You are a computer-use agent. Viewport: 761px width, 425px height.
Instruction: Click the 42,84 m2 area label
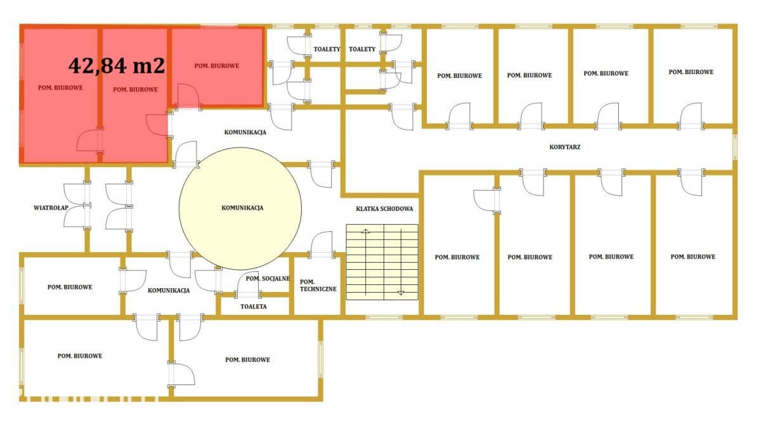pos(117,65)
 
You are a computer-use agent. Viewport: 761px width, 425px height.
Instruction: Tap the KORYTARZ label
pos(564,147)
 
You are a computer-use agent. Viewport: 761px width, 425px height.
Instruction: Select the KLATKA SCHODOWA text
pos(384,209)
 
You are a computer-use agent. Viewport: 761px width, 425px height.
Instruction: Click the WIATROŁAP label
pos(51,208)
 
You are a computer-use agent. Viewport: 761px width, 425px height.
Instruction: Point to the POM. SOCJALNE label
pos(268,279)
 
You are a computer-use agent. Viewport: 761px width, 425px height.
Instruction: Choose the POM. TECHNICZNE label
pos(318,286)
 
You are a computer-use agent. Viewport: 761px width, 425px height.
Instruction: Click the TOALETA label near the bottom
pos(254,307)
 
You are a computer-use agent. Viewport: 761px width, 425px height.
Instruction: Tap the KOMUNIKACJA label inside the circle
pos(242,208)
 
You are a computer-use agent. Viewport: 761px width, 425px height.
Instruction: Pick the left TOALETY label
pos(327,49)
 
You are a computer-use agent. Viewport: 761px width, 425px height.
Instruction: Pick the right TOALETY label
pos(362,49)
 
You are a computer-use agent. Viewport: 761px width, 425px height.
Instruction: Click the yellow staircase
pos(382,262)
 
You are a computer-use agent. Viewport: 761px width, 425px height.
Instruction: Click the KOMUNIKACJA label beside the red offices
pos(245,132)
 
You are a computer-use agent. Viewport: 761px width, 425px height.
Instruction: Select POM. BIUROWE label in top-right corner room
pos(691,72)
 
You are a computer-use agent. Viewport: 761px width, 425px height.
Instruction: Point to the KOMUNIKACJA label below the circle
pos(169,290)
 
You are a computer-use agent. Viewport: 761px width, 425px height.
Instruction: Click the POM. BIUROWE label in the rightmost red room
pos(217,66)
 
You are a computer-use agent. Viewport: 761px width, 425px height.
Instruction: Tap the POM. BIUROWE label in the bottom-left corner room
pos(80,356)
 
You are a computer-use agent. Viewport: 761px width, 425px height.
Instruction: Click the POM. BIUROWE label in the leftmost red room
pos(60,87)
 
